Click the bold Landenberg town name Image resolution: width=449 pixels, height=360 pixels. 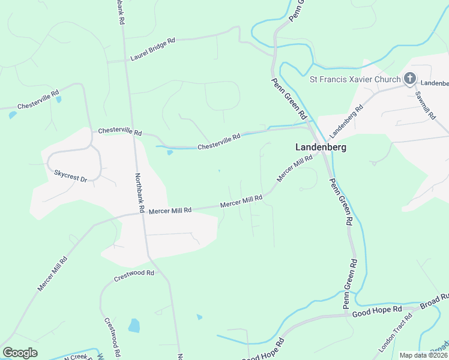[321, 147]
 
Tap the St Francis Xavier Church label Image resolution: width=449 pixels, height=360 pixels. [355, 79]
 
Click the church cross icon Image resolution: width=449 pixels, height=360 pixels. [410, 78]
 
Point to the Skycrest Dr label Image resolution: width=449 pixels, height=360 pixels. [70, 175]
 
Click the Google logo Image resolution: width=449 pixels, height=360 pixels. [20, 353]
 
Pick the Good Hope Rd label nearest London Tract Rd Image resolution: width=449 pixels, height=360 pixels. [377, 311]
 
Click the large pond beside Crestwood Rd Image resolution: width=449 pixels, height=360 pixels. [134, 326]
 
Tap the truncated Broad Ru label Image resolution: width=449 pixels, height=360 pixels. [435, 301]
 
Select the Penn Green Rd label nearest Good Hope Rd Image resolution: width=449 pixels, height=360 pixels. [351, 284]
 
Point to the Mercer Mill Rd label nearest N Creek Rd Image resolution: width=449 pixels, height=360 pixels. [53, 274]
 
